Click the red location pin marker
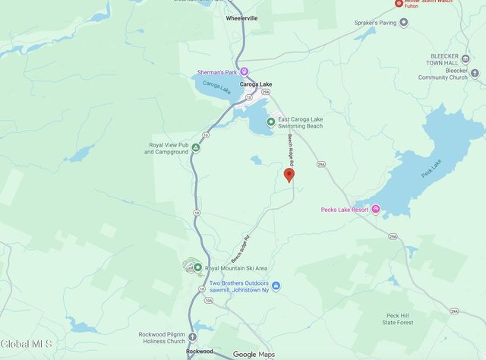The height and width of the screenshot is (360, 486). [x=289, y=175]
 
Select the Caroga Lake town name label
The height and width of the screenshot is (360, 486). [x=256, y=84]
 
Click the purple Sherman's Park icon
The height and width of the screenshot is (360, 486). [x=245, y=71]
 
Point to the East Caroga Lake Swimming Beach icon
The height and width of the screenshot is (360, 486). [x=271, y=122]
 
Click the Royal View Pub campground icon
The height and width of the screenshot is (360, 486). [x=195, y=147]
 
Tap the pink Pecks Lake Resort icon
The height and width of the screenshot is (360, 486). [x=375, y=210]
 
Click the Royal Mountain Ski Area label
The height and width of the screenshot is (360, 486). [x=236, y=267]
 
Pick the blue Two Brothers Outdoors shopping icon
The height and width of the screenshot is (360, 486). [x=276, y=286]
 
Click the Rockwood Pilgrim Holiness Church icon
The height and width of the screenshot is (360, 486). [x=194, y=337]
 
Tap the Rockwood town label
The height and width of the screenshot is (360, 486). [x=199, y=352]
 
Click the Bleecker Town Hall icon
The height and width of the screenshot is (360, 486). [x=465, y=58]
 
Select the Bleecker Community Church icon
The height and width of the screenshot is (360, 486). [x=475, y=73]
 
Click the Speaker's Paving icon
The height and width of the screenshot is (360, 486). [x=403, y=22]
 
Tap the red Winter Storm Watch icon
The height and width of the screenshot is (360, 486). [x=398, y=3]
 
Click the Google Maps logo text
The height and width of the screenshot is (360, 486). [x=255, y=354]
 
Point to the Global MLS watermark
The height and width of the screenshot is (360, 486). [x=27, y=344]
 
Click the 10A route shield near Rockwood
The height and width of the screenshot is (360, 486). [x=208, y=301]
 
